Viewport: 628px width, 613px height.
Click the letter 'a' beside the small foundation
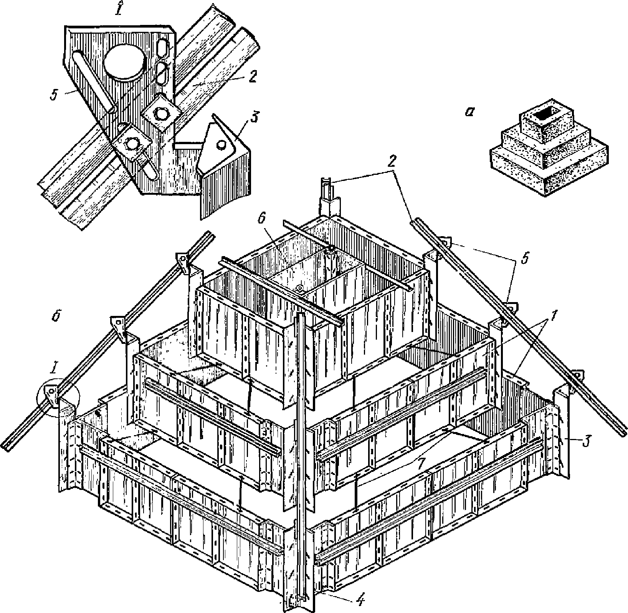click(469, 112)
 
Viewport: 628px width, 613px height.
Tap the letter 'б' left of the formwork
click(56, 318)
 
